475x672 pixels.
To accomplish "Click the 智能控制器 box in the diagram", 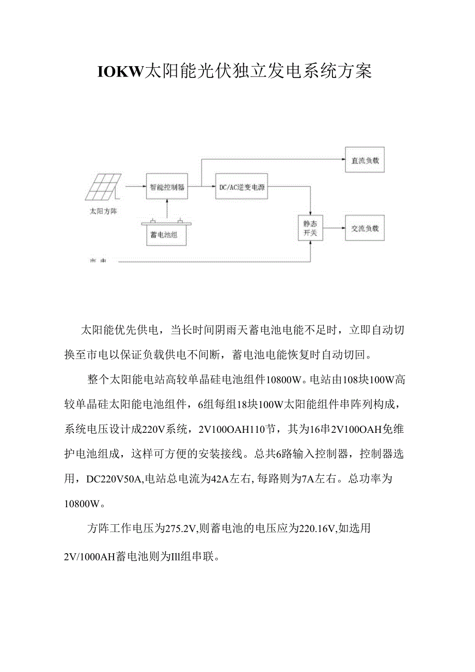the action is click(167, 187).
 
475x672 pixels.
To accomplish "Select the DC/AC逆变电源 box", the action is click(242, 187).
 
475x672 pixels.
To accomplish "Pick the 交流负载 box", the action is click(365, 228).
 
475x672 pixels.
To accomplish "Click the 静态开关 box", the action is click(310, 228).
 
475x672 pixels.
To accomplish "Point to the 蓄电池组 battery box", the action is click(167, 233).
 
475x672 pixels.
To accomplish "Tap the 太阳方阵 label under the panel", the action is click(103, 211).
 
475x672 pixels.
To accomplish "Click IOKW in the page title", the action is click(119, 72).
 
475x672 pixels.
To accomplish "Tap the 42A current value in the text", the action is click(217, 479).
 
